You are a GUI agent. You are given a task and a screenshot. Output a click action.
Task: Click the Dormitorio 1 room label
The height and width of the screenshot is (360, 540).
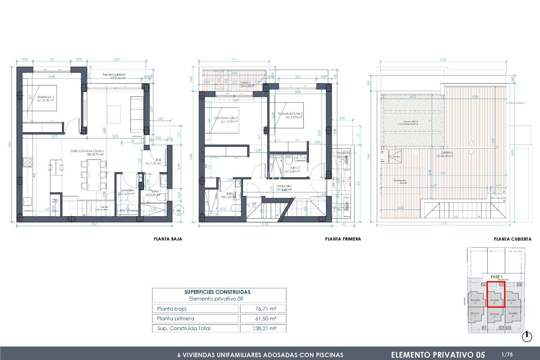tap(46, 97)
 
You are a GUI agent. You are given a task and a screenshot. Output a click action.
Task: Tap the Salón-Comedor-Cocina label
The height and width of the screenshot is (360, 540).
tap(87, 151)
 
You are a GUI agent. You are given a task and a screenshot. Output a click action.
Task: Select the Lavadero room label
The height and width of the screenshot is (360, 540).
tap(127, 190)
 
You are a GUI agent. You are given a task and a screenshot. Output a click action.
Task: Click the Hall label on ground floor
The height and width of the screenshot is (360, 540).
tap(158, 160)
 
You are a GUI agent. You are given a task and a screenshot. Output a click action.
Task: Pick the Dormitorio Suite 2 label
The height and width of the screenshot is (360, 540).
tap(290, 114)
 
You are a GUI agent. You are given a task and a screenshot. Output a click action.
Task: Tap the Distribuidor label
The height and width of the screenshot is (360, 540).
tap(283, 186)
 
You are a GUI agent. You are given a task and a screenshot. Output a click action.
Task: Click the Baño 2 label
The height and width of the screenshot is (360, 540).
tap(295, 168)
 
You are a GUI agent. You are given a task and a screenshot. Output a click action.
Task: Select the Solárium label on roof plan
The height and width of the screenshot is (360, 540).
tap(447, 152)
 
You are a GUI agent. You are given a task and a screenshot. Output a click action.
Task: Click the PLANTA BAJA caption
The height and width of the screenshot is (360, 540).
tap(168, 239)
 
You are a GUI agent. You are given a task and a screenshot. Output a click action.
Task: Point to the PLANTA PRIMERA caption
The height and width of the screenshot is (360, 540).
tap(343, 239)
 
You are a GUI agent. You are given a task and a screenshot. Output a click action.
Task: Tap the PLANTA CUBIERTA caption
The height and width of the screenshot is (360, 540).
tap(512, 239)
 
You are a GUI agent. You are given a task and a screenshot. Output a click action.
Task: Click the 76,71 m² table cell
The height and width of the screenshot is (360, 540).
tap(265, 309)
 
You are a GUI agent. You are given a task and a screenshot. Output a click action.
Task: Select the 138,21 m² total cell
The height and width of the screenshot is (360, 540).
tap(264, 328)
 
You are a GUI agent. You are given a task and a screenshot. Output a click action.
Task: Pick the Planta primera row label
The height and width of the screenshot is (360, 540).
tap(175, 318)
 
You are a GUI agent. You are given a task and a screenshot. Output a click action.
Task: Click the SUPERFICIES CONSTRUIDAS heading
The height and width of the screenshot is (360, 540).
tap(217, 292)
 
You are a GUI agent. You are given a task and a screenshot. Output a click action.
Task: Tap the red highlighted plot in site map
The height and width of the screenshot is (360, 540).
tap(496, 298)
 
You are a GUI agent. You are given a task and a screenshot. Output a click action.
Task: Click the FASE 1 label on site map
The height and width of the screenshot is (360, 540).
tap(496, 277)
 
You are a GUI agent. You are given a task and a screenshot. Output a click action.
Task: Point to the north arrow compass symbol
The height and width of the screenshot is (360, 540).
tap(527, 337)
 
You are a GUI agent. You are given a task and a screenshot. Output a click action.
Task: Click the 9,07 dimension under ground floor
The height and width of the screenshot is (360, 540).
tap(94, 224)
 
